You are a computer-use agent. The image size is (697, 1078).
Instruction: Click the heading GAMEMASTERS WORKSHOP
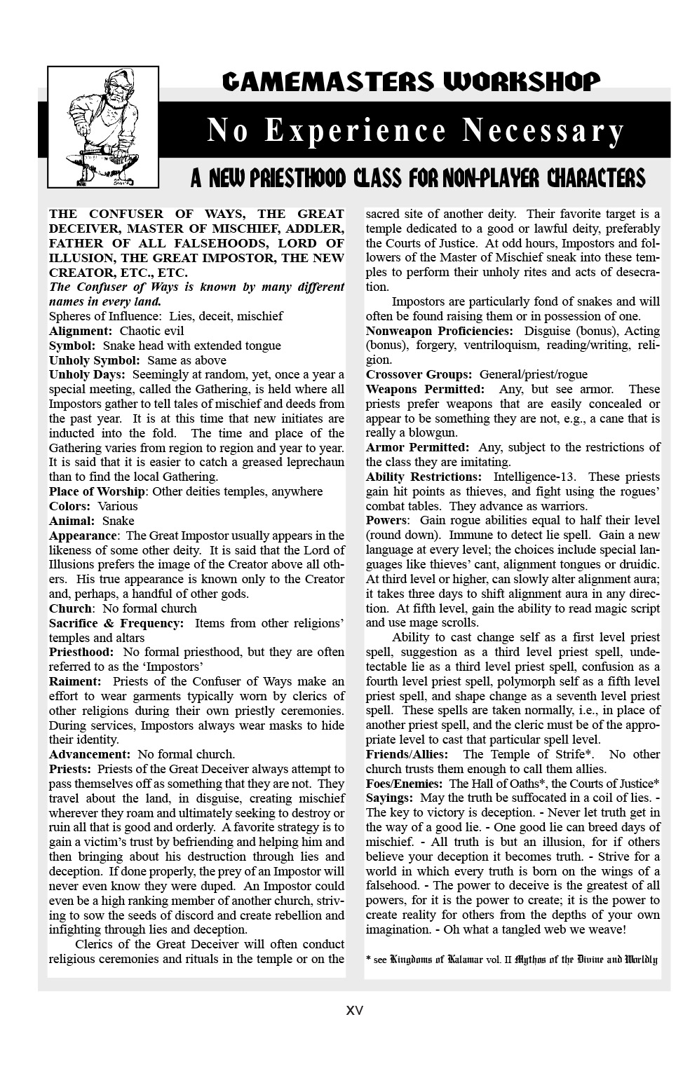[411, 83]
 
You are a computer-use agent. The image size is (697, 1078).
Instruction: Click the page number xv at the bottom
[355, 1011]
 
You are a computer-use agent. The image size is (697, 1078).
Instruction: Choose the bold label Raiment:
[75, 681]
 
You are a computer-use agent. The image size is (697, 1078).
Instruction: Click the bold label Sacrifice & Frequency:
[116, 622]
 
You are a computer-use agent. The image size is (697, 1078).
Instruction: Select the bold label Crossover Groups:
[419, 374]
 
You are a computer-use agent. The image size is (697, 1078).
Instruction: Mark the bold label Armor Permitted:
[417, 447]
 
